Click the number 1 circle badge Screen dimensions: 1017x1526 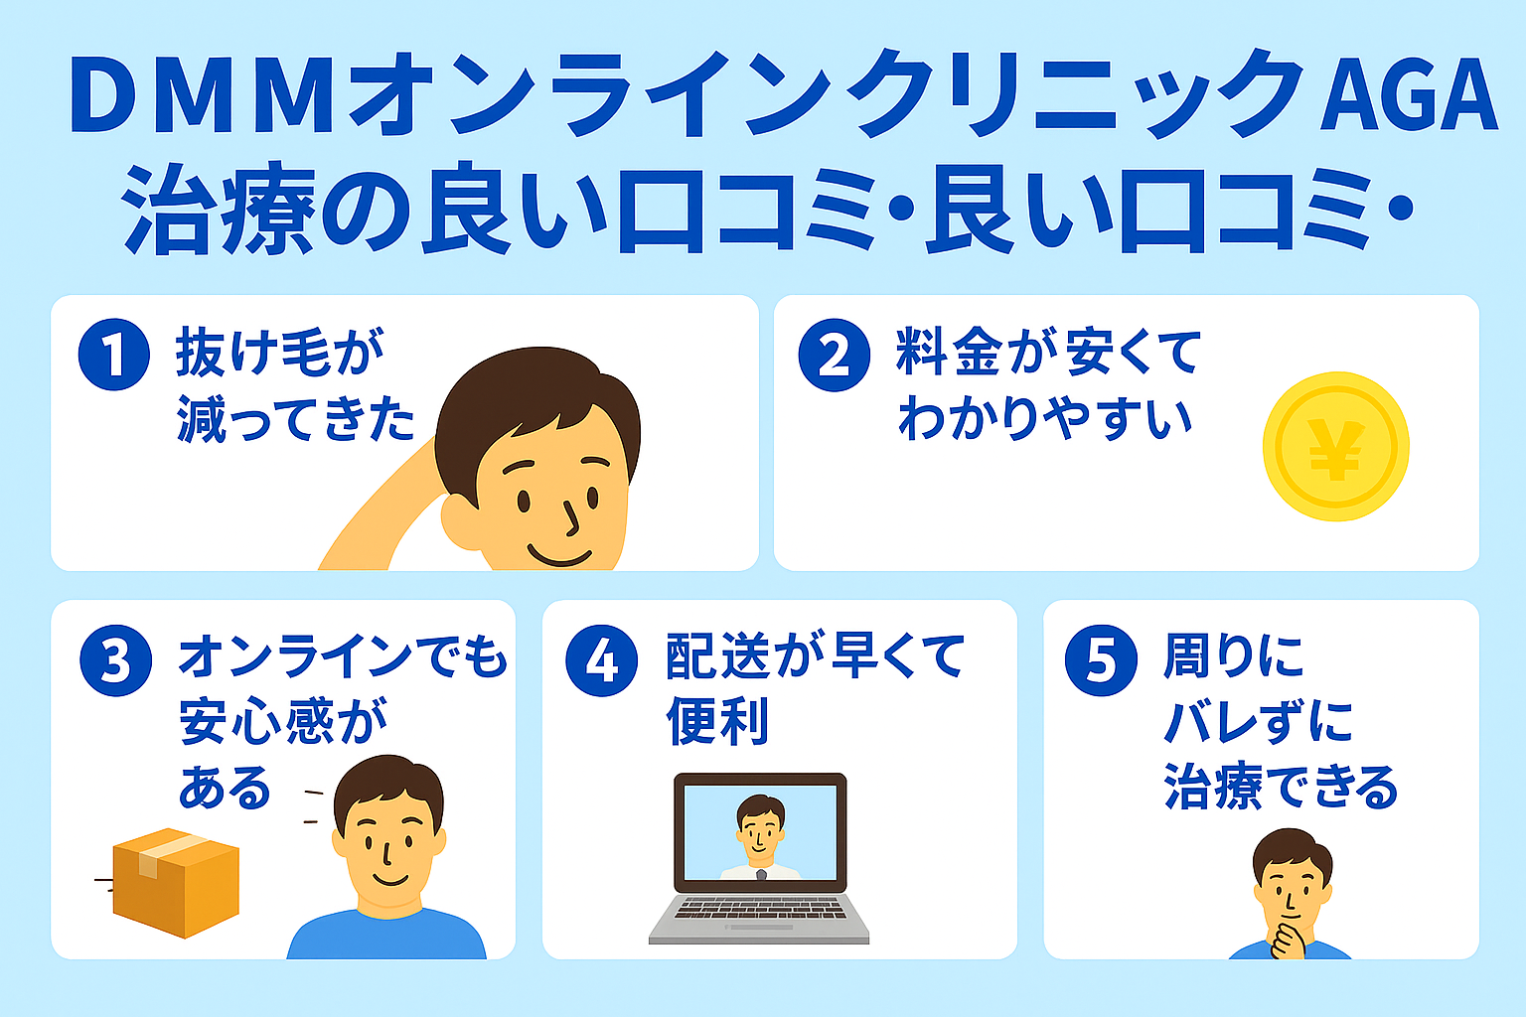pyautogui.click(x=114, y=355)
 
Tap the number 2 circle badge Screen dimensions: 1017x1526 pyautogui.click(x=835, y=355)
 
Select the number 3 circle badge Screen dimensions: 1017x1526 pyautogui.click(x=116, y=660)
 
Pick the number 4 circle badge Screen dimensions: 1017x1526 pyautogui.click(x=602, y=660)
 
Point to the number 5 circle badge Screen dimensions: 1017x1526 pyautogui.click(x=1101, y=660)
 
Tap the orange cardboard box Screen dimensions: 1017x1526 pyautogui.click(x=176, y=882)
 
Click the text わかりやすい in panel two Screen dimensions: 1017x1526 pyautogui.click(x=1045, y=419)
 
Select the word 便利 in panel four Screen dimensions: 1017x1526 pyautogui.click(x=717, y=721)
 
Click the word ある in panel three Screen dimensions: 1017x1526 pyautogui.click(x=226, y=788)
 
